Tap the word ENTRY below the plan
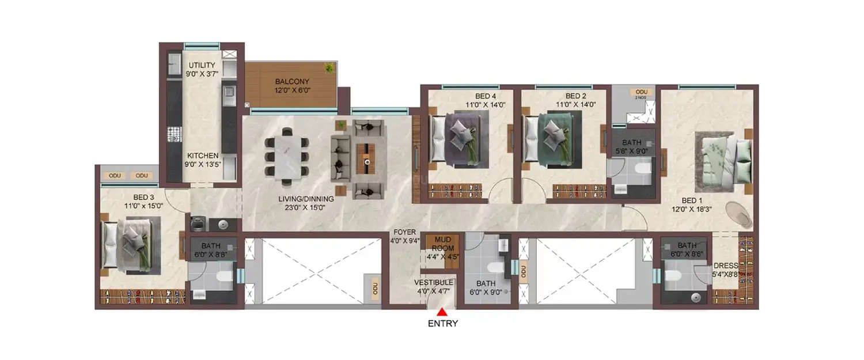442,324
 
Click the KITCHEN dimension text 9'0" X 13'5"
202,165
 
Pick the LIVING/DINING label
306,199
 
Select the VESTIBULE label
434,283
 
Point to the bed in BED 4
458,138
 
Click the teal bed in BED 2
552,138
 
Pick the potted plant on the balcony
329,68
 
